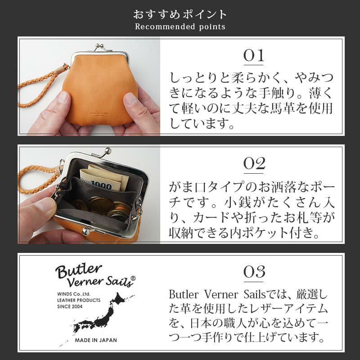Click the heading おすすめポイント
coord(180,14)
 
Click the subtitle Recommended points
coord(180,27)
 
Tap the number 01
coord(253,57)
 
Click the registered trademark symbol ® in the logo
coord(133,279)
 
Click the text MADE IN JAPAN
coord(94,341)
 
